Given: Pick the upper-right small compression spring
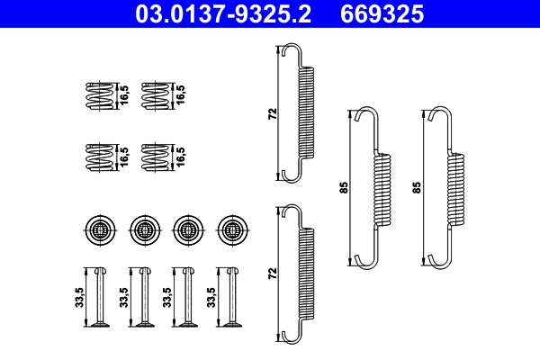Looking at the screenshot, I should click(156, 94).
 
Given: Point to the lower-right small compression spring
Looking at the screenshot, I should click(156, 157).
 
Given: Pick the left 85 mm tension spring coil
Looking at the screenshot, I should click(384, 189).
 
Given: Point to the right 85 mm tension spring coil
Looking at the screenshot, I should click(457, 189).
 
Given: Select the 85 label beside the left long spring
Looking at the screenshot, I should click(344, 188).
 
